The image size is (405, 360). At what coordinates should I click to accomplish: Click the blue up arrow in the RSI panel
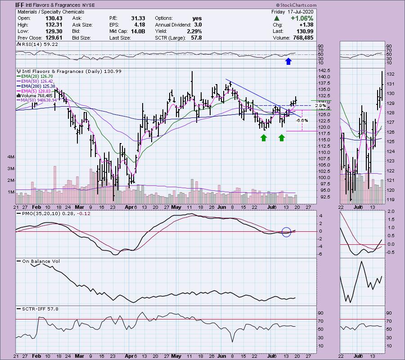coord(288,61)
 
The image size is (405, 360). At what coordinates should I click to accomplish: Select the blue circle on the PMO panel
coord(287,232)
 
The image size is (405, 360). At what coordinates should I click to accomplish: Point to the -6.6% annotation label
coord(302,121)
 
